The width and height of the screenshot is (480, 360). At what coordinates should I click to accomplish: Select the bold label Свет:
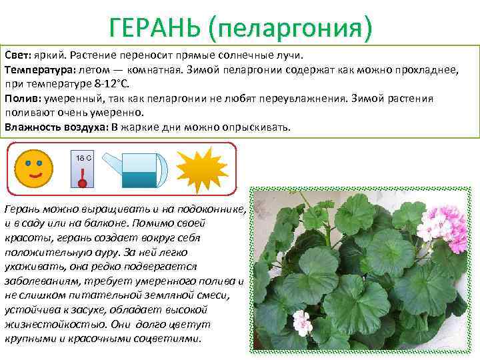click(x=19, y=55)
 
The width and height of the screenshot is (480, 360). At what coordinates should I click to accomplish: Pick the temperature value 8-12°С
click(x=114, y=84)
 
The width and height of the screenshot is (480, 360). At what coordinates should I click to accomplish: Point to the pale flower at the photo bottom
click(x=301, y=323)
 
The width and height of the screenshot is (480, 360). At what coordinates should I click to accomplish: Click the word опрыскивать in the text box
click(x=257, y=127)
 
